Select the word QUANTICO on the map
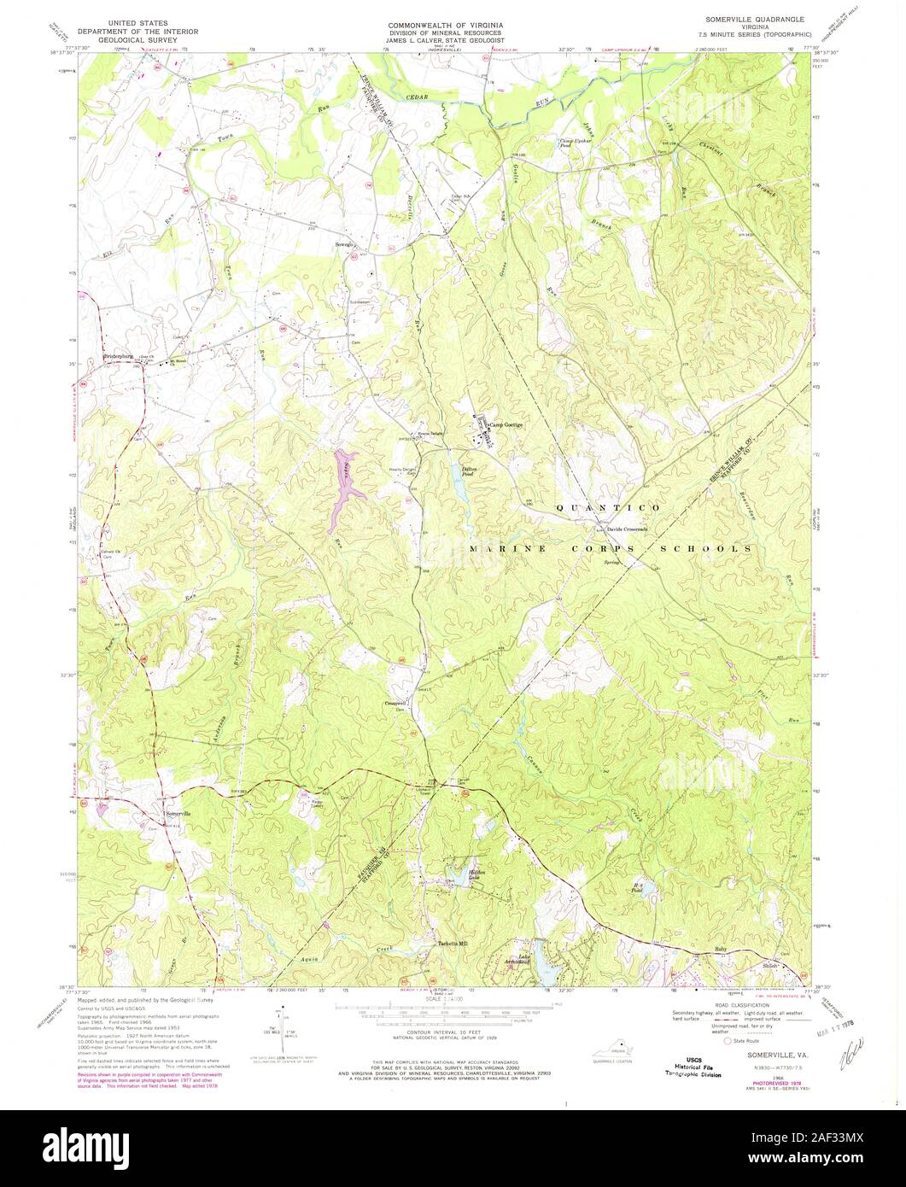(x=607, y=508)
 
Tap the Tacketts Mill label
(x=453, y=943)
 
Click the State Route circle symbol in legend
(x=728, y=1041)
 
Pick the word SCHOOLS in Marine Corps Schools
(x=722, y=548)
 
